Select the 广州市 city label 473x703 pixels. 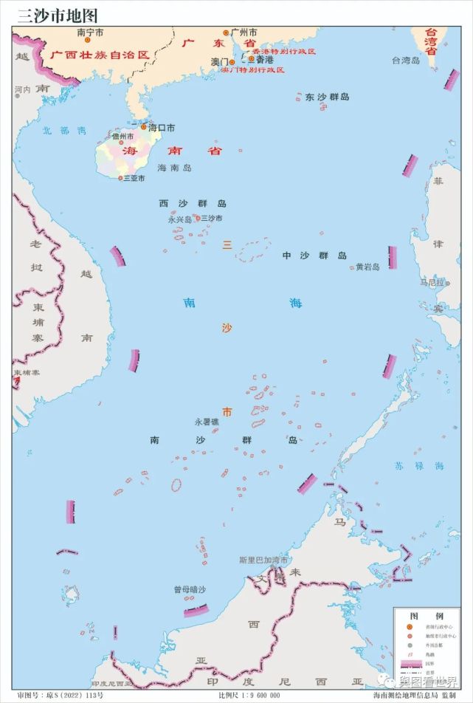(244, 32)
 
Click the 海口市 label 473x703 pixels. (162, 128)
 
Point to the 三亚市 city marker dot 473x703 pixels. (120, 178)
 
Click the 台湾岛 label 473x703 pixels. (406, 61)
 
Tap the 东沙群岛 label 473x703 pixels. (327, 97)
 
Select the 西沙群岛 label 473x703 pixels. (193, 203)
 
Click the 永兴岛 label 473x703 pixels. (179, 219)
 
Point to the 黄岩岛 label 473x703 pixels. (367, 267)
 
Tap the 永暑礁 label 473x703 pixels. (207, 422)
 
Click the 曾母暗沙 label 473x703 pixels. (190, 589)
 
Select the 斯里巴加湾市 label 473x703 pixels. (263, 560)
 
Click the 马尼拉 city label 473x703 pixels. (432, 282)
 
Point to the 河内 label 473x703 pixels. (23, 90)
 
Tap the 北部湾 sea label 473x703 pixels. (64, 131)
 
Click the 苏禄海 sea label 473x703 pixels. (429, 466)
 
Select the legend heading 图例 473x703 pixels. (427, 615)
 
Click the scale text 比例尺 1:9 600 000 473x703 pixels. (249, 695)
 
